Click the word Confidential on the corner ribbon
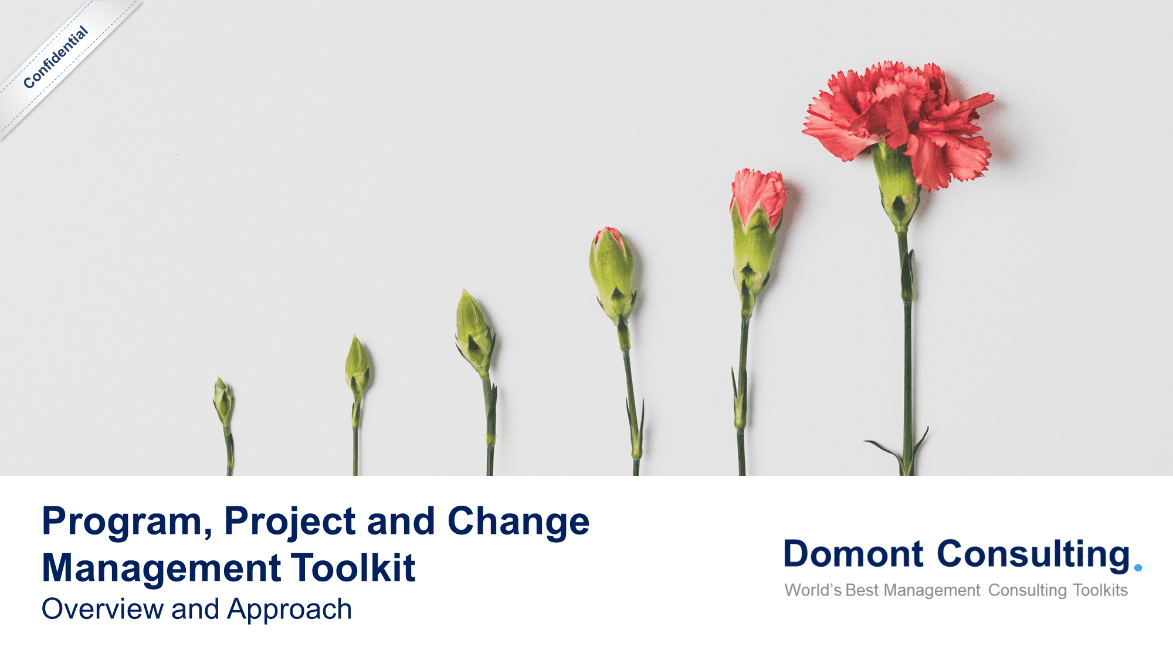pos(56,57)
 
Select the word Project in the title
pos(290,522)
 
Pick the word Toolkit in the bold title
pos(353,568)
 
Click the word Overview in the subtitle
pos(102,609)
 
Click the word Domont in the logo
pos(853,554)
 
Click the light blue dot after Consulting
pos(1138,567)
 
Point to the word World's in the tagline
pos(813,590)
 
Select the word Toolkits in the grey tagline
pos(1100,590)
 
